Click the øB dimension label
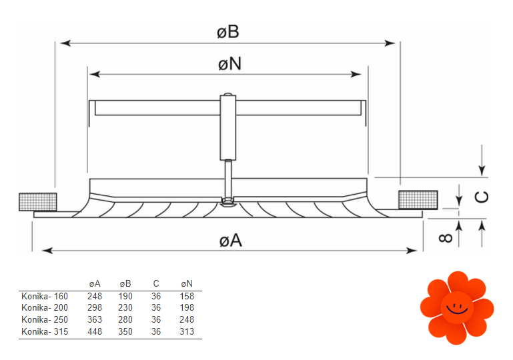(228, 31)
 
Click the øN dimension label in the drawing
(229, 63)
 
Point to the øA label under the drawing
(230, 240)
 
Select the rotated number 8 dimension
(448, 236)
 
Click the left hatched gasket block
(38, 201)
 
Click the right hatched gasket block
(418, 199)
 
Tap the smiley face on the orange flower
(457, 307)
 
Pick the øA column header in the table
(95, 284)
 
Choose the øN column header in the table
(187, 284)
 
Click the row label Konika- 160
(45, 296)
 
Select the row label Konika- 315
(45, 331)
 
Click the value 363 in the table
(95, 319)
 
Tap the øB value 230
(125, 308)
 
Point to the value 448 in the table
(95, 331)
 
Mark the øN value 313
(187, 331)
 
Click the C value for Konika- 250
(156, 319)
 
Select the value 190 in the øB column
(125, 296)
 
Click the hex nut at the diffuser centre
(228, 201)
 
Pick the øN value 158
(187, 296)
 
